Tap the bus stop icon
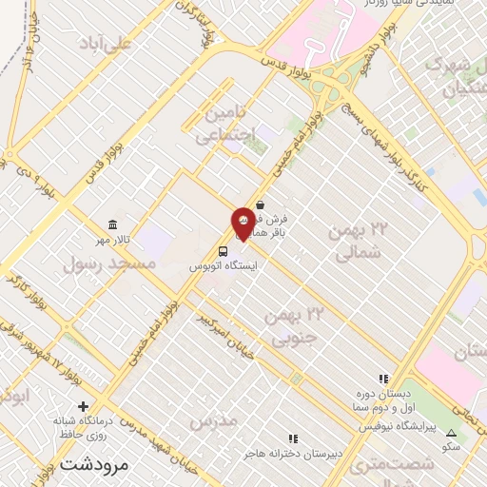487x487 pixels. click(x=223, y=252)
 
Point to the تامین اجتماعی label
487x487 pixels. click(x=225, y=125)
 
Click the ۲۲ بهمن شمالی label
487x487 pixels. click(x=360, y=241)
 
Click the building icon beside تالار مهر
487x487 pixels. click(x=113, y=225)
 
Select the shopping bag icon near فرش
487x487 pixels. click(x=259, y=203)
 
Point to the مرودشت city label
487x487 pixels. click(x=93, y=466)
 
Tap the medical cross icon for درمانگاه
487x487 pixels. click(x=83, y=406)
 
